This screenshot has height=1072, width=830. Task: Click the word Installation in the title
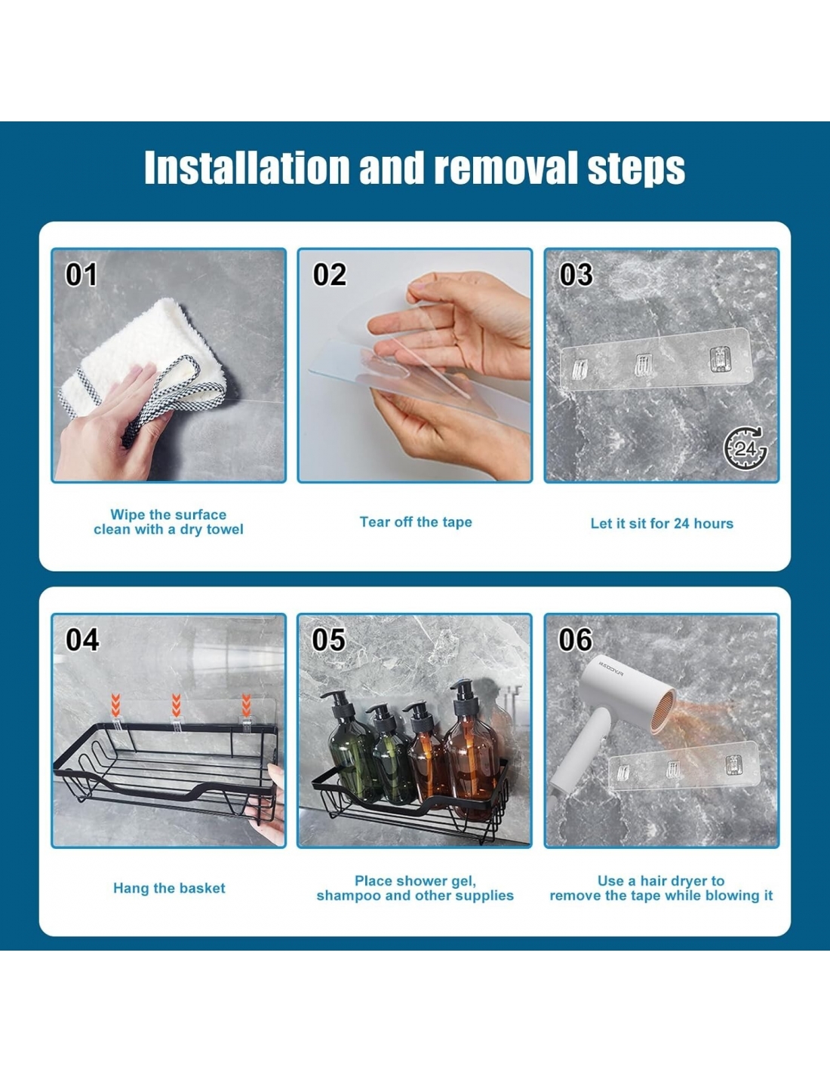click(x=247, y=167)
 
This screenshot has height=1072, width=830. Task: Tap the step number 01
click(x=81, y=274)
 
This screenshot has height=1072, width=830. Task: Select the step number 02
click(x=330, y=274)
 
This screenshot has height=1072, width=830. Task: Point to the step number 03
click(x=576, y=274)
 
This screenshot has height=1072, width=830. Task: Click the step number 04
click(x=82, y=640)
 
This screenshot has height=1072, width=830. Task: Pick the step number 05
click(x=329, y=640)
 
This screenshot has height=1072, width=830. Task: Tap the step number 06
click(x=575, y=640)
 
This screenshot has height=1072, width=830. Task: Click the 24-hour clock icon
click(x=745, y=448)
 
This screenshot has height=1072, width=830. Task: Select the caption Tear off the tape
click(x=416, y=522)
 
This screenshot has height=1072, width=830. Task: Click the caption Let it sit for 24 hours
click(x=662, y=523)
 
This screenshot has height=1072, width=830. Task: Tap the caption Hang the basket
click(x=169, y=889)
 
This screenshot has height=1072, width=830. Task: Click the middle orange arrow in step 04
click(x=176, y=706)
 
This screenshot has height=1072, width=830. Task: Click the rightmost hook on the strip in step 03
click(x=719, y=359)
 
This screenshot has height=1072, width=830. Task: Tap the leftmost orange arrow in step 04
click(x=115, y=706)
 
